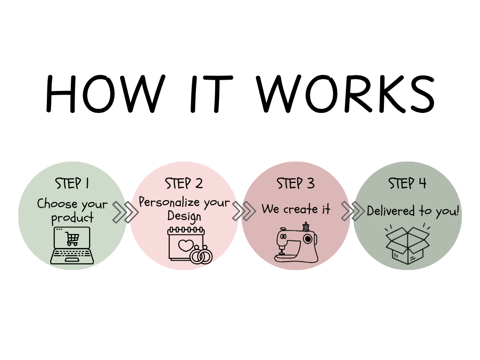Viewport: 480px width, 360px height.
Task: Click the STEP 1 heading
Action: [x=72, y=183]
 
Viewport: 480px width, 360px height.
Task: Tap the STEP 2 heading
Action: [x=184, y=183]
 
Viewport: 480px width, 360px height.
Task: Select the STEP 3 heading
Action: [x=295, y=183]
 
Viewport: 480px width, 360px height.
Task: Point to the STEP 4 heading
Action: [x=407, y=183]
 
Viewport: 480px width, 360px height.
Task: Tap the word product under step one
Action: [x=72, y=218]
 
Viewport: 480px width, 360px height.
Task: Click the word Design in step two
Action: [x=184, y=216]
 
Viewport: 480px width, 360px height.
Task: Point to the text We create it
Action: [x=296, y=209]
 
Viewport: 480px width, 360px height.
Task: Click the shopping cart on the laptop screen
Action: [x=72, y=239]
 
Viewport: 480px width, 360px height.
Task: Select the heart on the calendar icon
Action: [x=186, y=245]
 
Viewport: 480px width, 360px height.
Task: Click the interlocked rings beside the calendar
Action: [x=202, y=255]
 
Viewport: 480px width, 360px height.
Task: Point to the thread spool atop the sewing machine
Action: [x=306, y=226]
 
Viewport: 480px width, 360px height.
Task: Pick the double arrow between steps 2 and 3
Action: [x=244, y=211]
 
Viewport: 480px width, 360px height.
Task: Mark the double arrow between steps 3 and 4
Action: [x=352, y=211]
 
